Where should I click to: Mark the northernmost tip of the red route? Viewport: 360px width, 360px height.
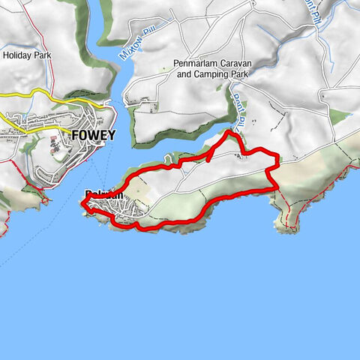point(228,132)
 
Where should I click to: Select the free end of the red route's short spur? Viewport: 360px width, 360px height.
point(207,160)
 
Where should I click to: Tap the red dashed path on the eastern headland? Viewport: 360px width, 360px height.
point(288,210)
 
